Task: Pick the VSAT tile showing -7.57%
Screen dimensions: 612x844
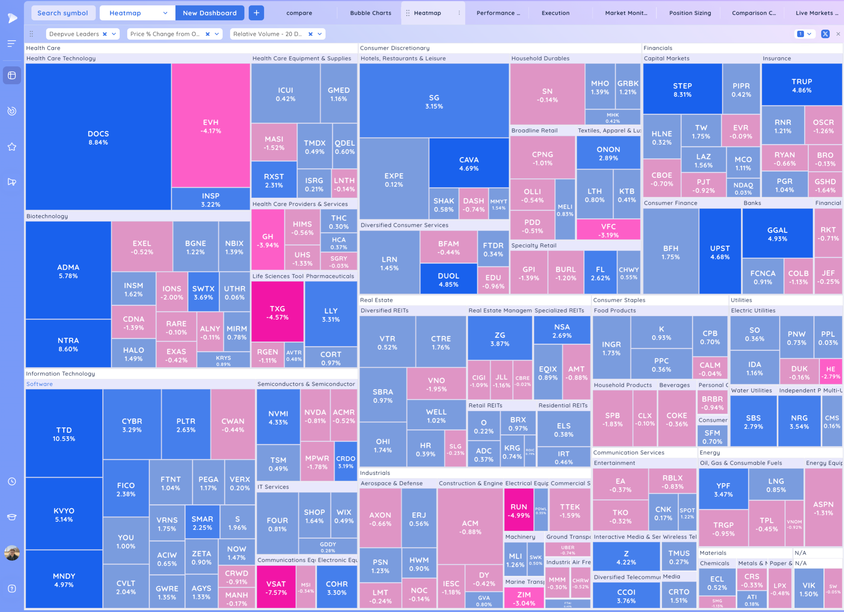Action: tap(276, 588)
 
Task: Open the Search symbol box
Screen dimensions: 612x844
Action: tap(62, 13)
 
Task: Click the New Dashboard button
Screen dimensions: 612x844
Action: tap(210, 13)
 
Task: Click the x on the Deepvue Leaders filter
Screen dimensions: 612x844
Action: tap(105, 34)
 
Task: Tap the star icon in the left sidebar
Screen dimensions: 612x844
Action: tap(12, 147)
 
